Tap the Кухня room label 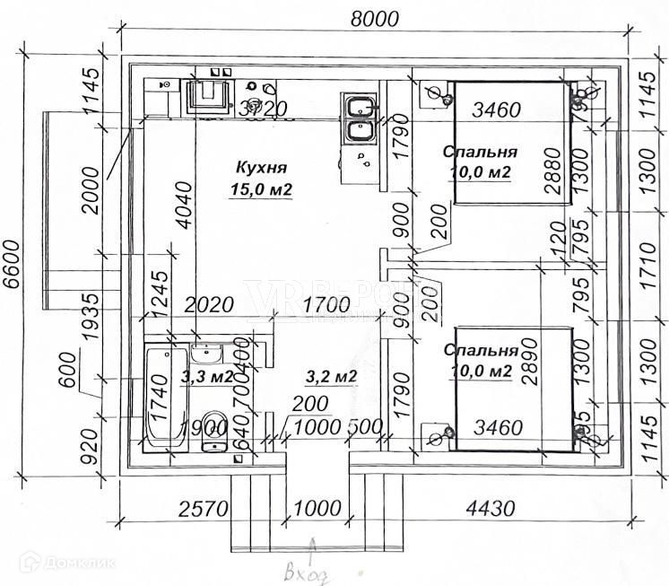coord(261,167)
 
